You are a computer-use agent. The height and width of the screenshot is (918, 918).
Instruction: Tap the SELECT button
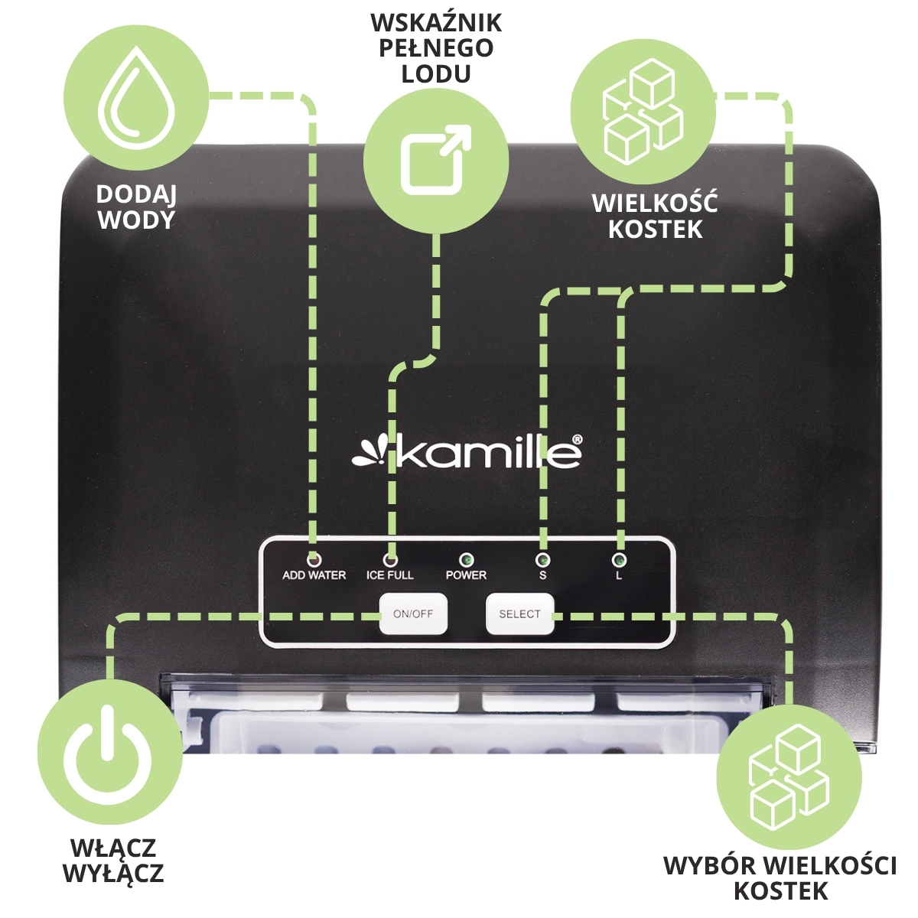(x=519, y=614)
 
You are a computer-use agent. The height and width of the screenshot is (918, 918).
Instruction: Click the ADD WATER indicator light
(x=314, y=558)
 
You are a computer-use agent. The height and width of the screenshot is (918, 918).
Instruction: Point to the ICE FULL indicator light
(x=390, y=558)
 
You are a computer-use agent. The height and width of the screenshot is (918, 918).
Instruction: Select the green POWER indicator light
(x=467, y=558)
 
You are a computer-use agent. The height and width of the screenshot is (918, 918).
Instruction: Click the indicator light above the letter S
(x=542, y=558)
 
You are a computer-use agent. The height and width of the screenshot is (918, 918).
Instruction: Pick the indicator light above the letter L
(x=619, y=558)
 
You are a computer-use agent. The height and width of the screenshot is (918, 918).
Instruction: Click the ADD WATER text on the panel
(x=314, y=575)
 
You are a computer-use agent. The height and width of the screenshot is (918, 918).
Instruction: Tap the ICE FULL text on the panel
(x=389, y=575)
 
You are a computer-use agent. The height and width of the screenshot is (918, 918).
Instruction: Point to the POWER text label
(x=466, y=575)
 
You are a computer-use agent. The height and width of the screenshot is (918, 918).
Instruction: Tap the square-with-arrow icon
(x=435, y=158)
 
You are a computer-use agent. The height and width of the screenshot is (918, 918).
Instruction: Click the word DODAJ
(x=136, y=194)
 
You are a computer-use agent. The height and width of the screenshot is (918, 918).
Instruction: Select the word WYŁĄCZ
(x=113, y=873)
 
